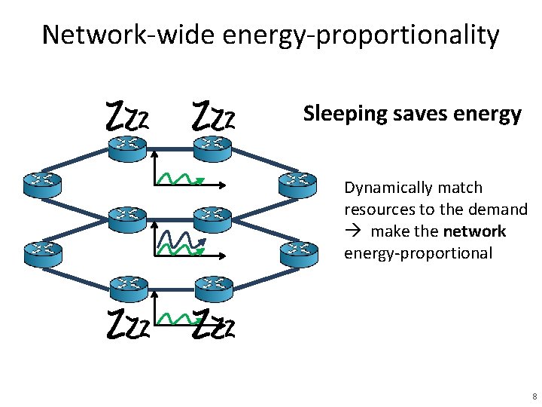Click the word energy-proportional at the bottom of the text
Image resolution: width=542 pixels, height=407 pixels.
click(418, 253)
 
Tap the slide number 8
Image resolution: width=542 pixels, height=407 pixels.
click(534, 396)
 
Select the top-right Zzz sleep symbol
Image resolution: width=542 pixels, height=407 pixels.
click(215, 119)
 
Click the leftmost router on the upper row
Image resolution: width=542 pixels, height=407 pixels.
click(41, 183)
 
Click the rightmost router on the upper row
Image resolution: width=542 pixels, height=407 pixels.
click(298, 183)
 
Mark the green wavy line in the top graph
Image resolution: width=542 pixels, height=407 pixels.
click(181, 178)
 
